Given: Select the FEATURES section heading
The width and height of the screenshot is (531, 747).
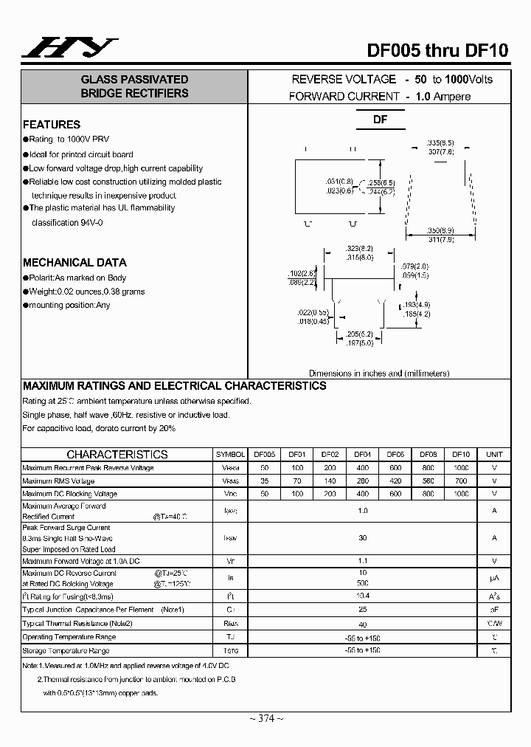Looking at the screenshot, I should coord(52,125).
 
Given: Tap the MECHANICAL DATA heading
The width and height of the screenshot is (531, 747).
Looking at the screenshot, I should coord(74,263).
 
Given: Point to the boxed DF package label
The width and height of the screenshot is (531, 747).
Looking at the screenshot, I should coord(380,120).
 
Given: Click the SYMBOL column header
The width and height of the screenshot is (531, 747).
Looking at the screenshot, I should coord(230,455).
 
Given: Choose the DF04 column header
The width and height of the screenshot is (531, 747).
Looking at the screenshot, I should coord(362,455).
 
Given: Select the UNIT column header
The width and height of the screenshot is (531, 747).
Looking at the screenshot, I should coord(494,455).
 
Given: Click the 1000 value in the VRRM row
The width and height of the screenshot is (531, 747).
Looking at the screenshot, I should coord(461,468).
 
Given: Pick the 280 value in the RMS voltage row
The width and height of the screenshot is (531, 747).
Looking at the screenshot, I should coord(362,481).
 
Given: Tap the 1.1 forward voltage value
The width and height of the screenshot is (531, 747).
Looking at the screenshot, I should coord(362,561).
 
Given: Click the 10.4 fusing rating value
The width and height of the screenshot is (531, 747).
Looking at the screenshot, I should coord(362,596).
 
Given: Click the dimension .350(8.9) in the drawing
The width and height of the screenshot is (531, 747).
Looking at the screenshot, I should coord(441,230).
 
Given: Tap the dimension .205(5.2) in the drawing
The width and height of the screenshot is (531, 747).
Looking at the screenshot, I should coord(360,334).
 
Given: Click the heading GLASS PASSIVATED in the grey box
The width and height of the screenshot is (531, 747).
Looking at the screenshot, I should coord(134,80).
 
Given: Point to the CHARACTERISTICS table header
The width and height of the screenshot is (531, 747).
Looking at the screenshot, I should coord(117,455).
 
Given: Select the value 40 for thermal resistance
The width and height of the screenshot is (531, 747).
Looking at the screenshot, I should coord(362,623).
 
